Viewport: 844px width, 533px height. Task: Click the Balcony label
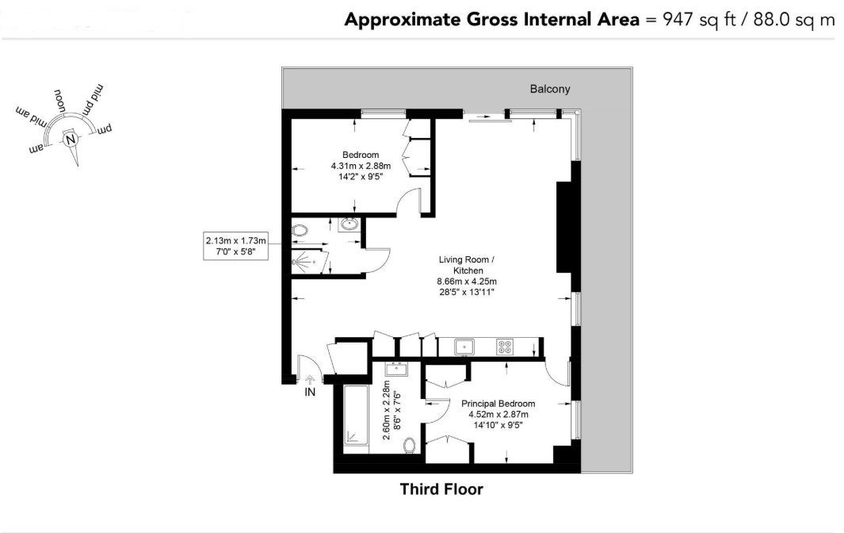pos(549,89)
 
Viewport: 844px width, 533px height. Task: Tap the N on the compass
pos(70,140)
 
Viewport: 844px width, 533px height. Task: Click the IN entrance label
pos(310,393)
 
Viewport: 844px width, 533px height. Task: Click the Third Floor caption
pos(441,489)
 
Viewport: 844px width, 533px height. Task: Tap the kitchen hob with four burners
pos(504,346)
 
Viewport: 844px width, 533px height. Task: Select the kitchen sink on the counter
pos(464,347)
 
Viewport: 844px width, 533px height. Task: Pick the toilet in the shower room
pos(300,231)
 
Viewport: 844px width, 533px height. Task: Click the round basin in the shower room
pos(349,224)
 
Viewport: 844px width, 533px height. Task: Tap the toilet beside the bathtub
pos(410,445)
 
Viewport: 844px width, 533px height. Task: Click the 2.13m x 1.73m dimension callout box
pos(235,246)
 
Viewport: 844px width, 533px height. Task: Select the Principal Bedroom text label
pos(498,404)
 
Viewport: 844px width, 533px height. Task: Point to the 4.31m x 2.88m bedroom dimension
pos(361,166)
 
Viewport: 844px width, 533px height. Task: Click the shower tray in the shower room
pos(310,262)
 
